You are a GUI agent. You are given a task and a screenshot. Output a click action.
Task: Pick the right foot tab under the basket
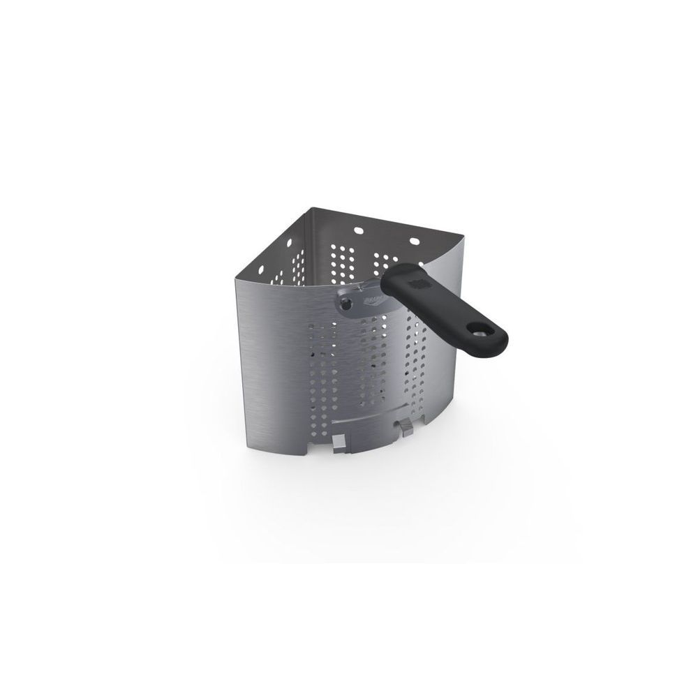coord(404,424)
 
